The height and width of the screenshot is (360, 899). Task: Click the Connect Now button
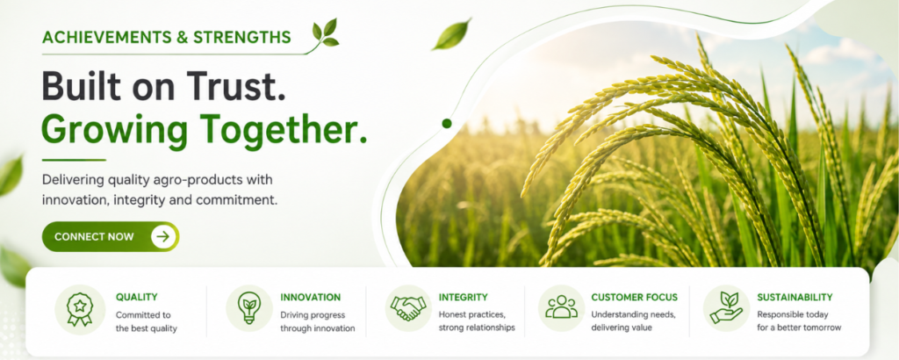(x=111, y=237)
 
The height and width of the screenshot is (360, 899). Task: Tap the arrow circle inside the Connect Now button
(x=163, y=237)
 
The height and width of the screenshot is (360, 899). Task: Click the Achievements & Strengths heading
(x=166, y=38)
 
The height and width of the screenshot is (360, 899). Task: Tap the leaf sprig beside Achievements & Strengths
(x=325, y=33)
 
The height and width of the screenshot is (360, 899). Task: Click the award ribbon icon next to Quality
(x=80, y=310)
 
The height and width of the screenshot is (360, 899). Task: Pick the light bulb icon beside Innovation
(x=248, y=308)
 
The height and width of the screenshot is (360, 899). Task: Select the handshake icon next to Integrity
(x=408, y=308)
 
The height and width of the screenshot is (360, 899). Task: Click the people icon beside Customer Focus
(x=561, y=307)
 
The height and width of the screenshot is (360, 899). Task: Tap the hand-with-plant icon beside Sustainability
(x=726, y=308)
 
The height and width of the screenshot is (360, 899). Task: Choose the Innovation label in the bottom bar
(x=310, y=297)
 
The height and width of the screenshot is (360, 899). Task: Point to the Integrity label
(x=463, y=297)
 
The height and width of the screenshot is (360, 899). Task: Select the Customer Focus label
(x=634, y=297)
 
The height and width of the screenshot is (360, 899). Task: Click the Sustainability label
(x=795, y=297)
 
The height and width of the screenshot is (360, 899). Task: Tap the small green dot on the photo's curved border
(x=447, y=123)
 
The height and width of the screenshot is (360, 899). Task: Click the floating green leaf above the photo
(x=452, y=34)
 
